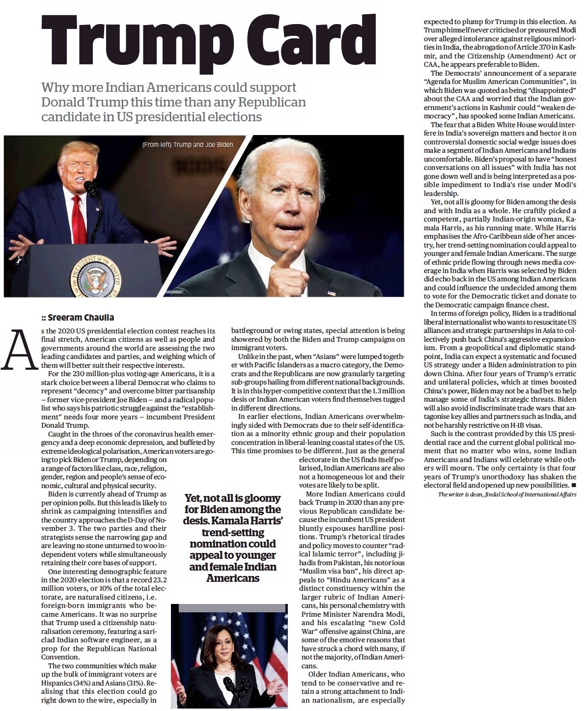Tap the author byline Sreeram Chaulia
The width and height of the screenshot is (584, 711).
81,318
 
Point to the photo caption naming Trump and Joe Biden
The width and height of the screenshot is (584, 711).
187,144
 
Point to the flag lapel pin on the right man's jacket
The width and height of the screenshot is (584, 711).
331,293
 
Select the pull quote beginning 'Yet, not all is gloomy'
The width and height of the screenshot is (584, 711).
233,538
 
